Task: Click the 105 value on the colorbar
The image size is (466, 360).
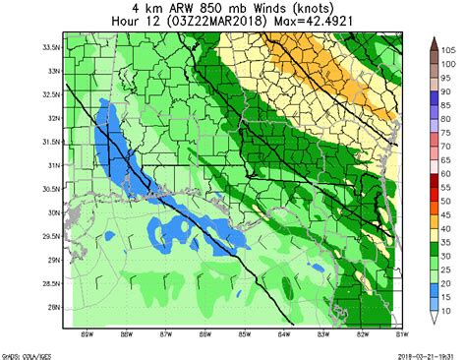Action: [446, 47]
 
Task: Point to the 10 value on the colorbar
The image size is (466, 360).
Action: [444, 311]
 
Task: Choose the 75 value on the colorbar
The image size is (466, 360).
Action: [444, 131]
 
